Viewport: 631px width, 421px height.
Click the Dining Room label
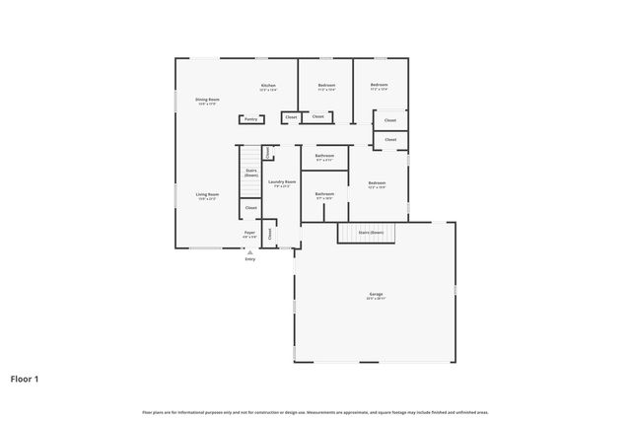pyautogui.click(x=207, y=99)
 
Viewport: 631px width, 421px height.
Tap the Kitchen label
pyautogui.click(x=267, y=86)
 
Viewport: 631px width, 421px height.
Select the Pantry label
pyautogui.click(x=250, y=119)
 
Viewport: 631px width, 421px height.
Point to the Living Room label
pyautogui.click(x=206, y=194)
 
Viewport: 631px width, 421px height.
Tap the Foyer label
pyautogui.click(x=250, y=233)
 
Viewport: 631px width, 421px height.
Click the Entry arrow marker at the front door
pyautogui.click(x=249, y=252)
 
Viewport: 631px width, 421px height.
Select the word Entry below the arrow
pyautogui.click(x=249, y=259)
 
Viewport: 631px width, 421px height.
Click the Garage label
pyautogui.click(x=377, y=294)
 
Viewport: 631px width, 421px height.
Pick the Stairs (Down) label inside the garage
pyautogui.click(x=371, y=232)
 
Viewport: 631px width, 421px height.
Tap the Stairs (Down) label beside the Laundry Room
pyautogui.click(x=251, y=172)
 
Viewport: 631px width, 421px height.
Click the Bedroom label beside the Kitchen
pyautogui.click(x=326, y=86)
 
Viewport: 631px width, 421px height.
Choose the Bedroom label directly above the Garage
pyautogui.click(x=377, y=183)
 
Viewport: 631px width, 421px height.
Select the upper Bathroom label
pyautogui.click(x=324, y=156)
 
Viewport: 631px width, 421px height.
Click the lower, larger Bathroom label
pyautogui.click(x=324, y=194)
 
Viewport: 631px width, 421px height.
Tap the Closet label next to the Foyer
pyautogui.click(x=269, y=234)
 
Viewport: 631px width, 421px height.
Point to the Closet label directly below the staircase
pyautogui.click(x=250, y=208)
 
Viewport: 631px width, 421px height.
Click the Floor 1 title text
pyautogui.click(x=25, y=378)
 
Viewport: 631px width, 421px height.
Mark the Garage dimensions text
pyautogui.click(x=377, y=299)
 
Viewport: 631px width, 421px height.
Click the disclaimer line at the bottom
pyautogui.click(x=315, y=412)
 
